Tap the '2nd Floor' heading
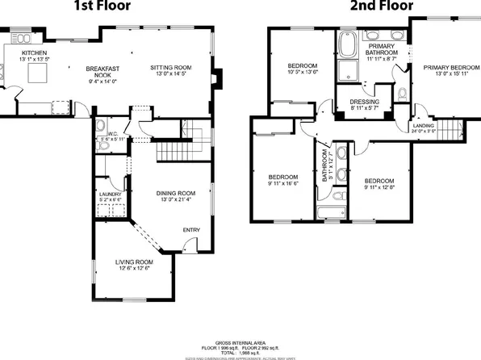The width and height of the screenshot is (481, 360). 376,7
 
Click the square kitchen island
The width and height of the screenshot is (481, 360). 36,74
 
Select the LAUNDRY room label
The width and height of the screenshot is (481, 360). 110,195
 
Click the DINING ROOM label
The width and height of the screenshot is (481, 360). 176,193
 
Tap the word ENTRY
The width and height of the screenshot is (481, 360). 191,231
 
